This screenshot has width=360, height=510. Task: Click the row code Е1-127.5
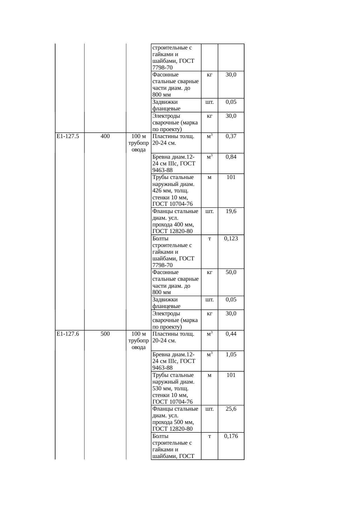click(x=68, y=136)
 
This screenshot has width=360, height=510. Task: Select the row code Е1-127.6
click(x=68, y=334)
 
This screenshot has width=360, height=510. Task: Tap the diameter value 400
click(x=105, y=136)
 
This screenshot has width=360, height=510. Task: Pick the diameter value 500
click(x=105, y=334)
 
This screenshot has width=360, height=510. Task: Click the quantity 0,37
click(x=231, y=136)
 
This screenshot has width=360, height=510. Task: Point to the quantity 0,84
click(x=231, y=157)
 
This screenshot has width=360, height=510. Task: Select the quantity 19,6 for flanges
click(x=231, y=211)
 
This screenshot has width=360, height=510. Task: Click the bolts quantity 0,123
click(x=231, y=239)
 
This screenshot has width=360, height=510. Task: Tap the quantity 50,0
click(x=231, y=272)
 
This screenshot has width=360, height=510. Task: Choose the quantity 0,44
click(x=231, y=334)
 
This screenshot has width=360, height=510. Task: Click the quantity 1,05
click(x=231, y=355)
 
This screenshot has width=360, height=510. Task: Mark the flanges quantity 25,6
click(x=231, y=409)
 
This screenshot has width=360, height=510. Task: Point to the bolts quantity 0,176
click(x=231, y=436)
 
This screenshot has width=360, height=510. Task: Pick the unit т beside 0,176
click(x=209, y=436)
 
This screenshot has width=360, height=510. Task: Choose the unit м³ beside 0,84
click(x=209, y=157)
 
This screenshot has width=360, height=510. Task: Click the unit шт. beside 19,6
click(x=209, y=211)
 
